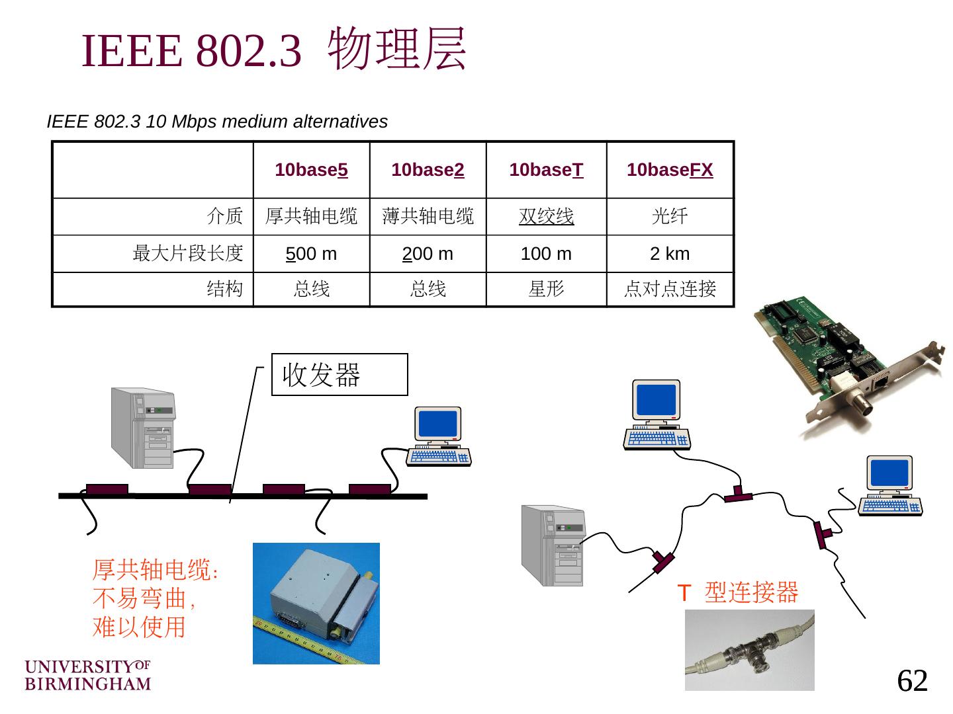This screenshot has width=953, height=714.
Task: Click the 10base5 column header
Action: click(311, 170)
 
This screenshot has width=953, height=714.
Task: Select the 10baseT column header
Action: click(546, 170)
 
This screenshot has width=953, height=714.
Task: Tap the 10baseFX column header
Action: click(670, 170)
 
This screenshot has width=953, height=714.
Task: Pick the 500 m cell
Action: click(311, 254)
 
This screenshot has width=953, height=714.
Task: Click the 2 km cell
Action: click(670, 254)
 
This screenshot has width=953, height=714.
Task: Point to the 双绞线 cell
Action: click(546, 216)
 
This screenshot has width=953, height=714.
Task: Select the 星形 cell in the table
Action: click(546, 289)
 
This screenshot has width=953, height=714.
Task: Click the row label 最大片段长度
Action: click(188, 253)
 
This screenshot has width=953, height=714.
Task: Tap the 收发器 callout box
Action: click(340, 374)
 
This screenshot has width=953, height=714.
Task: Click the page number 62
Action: click(913, 680)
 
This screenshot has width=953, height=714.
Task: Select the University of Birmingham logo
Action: click(88, 675)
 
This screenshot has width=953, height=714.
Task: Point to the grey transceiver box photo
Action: click(316, 603)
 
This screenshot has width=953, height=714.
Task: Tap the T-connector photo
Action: click(749, 650)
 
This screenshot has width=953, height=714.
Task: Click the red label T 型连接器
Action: click(738, 592)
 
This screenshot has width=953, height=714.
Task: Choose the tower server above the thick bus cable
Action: click(143, 428)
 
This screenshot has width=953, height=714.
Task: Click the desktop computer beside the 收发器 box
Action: click(438, 437)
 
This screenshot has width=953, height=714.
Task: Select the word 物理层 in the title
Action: click(397, 49)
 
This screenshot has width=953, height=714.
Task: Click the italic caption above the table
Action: click(217, 122)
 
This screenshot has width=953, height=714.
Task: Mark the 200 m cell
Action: click(428, 254)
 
